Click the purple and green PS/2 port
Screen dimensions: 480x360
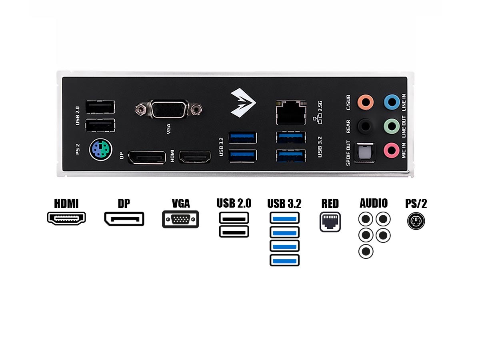coord(100,150)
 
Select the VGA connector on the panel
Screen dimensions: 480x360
coord(169,109)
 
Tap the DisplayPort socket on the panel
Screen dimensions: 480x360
coord(147,157)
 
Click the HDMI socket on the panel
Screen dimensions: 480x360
coord(195,157)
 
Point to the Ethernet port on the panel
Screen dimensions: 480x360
coord(291,112)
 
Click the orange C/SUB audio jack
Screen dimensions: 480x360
coord(366,102)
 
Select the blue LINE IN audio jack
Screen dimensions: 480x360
coord(392,102)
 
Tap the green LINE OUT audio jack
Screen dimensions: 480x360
coord(392,126)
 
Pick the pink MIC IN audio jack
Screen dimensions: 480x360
coord(392,150)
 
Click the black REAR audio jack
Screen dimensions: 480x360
coord(366,126)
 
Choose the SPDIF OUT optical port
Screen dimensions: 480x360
coord(364,153)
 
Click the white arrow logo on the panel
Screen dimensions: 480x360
coord(243,103)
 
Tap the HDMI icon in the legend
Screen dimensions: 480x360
coord(66,218)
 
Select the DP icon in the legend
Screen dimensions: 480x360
coord(124,219)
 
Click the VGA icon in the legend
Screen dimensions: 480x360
coord(181,219)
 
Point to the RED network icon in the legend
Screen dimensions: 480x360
coord(330,222)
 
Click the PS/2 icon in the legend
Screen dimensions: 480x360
coord(416,221)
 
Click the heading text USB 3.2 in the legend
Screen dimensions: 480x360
coord(284,204)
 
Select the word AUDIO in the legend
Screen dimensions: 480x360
coord(374,203)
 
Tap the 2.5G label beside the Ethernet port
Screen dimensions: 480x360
coord(320,106)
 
